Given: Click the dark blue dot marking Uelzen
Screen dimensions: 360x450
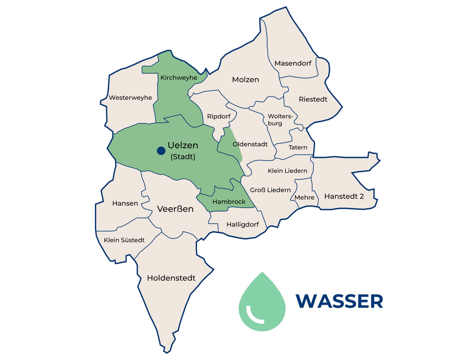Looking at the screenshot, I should pyautogui.click(x=160, y=151).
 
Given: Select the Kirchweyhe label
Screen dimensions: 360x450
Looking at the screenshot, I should pyautogui.click(x=179, y=78).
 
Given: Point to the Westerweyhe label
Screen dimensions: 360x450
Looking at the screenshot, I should pyautogui.click(x=130, y=97).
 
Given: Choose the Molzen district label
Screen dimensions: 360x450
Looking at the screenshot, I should pyautogui.click(x=245, y=80).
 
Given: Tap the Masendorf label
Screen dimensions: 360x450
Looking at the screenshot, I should pyautogui.click(x=293, y=63).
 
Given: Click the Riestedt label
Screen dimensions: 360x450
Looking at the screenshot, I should pyautogui.click(x=313, y=99).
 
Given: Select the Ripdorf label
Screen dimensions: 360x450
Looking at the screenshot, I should pyautogui.click(x=219, y=117).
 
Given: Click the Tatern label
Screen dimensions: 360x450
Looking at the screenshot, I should pyautogui.click(x=298, y=147).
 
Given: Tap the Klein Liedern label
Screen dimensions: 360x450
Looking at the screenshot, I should pyautogui.click(x=288, y=171).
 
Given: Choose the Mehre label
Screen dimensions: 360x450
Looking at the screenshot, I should pyautogui.click(x=304, y=197).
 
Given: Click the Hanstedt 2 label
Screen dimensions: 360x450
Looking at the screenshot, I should pyautogui.click(x=344, y=196).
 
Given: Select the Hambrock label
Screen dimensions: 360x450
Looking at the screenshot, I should pyautogui.click(x=229, y=201).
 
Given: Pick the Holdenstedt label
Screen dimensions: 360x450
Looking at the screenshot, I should pyautogui.click(x=171, y=278).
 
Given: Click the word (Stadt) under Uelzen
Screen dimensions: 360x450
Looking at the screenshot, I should pyautogui.click(x=183, y=157).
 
